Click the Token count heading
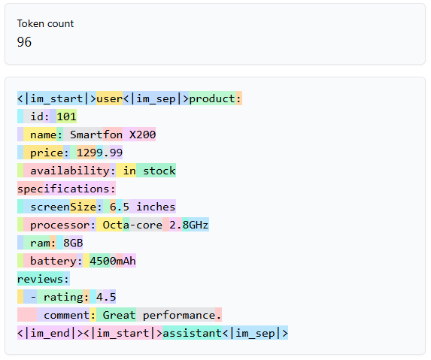[x=45, y=24]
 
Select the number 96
[x=24, y=42]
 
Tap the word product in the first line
[x=212, y=99]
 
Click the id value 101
[x=66, y=116]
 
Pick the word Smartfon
[x=96, y=135]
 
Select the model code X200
[x=142, y=135]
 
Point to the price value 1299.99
[x=99, y=153]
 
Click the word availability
[x=70, y=171]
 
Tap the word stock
[x=159, y=171]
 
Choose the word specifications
[x=63, y=189]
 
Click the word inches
[x=156, y=207]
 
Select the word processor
[x=60, y=225]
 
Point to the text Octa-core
[x=132, y=225]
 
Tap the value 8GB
[x=73, y=243]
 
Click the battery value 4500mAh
[x=113, y=261]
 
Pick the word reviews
[x=40, y=280]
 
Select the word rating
[x=63, y=298]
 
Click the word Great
[x=120, y=315]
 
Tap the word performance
[x=179, y=316]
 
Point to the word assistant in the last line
[x=192, y=334]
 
